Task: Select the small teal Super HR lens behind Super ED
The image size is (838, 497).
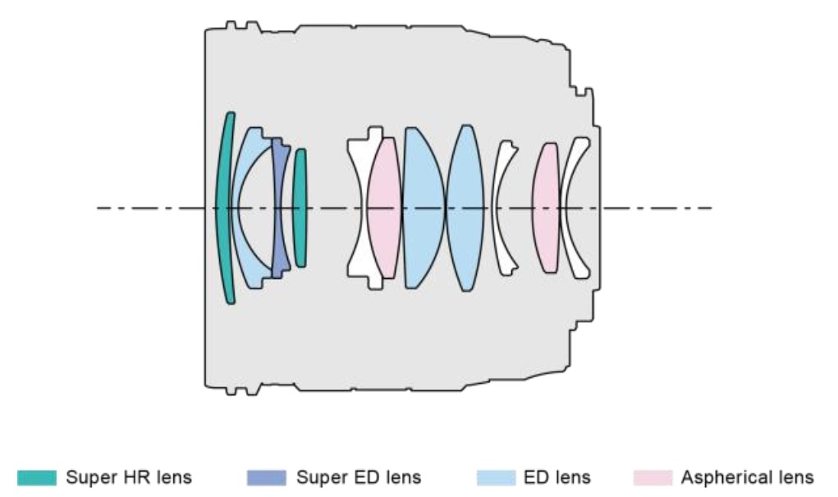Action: coord(300,207)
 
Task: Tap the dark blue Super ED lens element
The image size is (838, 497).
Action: coord(282,207)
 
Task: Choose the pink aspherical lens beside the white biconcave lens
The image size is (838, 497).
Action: coord(382,207)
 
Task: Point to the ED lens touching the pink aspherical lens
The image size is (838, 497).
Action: coord(420,207)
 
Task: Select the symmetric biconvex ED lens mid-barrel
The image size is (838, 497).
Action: coord(465,207)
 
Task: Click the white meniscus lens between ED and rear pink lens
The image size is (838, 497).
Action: coord(502,207)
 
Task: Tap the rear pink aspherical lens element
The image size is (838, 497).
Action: coord(545,207)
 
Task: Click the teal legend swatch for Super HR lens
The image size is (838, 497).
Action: coord(38,476)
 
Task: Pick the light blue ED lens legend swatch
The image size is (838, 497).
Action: coord(497,476)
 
